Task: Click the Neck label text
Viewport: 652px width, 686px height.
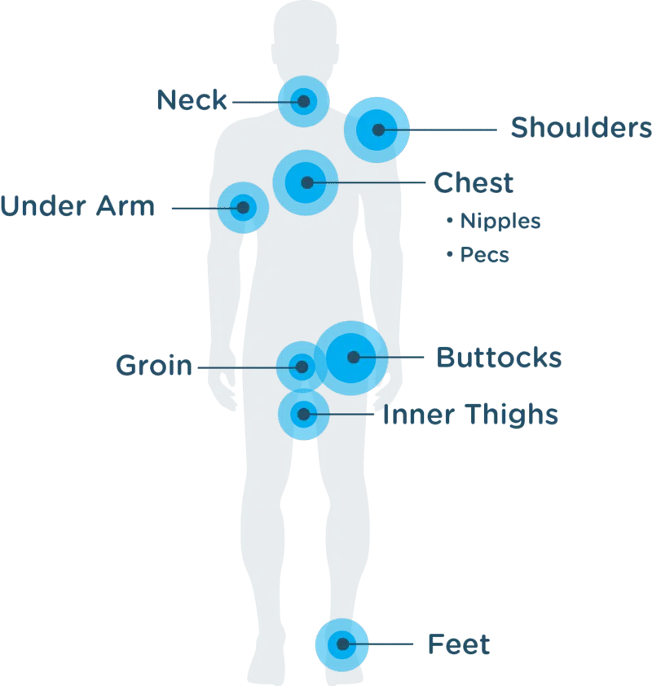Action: pos(191,100)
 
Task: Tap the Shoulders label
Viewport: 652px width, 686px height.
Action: pos(580,129)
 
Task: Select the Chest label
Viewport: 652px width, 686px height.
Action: pos(473,182)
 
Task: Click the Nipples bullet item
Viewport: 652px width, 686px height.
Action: pos(492,221)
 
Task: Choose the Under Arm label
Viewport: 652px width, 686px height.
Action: pos(77,208)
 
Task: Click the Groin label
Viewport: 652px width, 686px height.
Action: pos(155,366)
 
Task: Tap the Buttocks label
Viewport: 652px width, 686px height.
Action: pos(500,358)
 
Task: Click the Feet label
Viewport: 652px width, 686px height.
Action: pos(458,645)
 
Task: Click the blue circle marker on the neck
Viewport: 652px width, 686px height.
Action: pos(303,101)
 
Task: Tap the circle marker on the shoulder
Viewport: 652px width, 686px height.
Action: pos(377,129)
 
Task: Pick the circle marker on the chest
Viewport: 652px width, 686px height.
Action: pos(306,182)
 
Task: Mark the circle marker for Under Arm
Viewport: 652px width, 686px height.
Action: pos(243,208)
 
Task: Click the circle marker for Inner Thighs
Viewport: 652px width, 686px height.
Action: pos(303,415)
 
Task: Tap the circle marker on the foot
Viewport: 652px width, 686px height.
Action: pos(342,644)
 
